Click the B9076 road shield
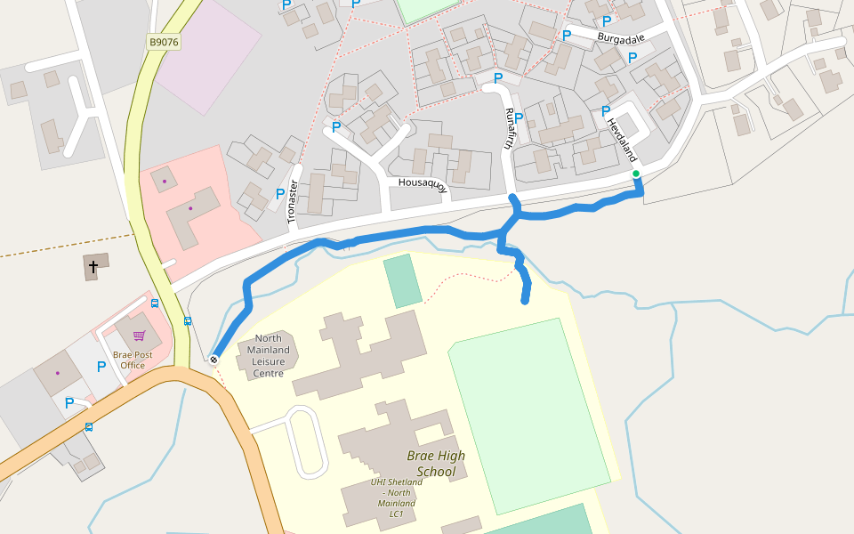click(164, 42)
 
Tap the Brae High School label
click(436, 463)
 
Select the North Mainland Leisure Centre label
click(268, 356)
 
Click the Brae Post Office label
click(133, 360)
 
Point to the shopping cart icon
click(139, 336)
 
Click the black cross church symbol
click(93, 266)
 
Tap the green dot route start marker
click(636, 174)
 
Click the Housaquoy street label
click(422, 183)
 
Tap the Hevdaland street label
click(624, 142)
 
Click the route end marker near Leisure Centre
click(213, 360)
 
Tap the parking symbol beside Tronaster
click(280, 193)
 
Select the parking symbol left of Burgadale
click(567, 36)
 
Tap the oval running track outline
click(304, 442)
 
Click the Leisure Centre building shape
click(268, 355)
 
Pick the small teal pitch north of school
click(403, 280)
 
